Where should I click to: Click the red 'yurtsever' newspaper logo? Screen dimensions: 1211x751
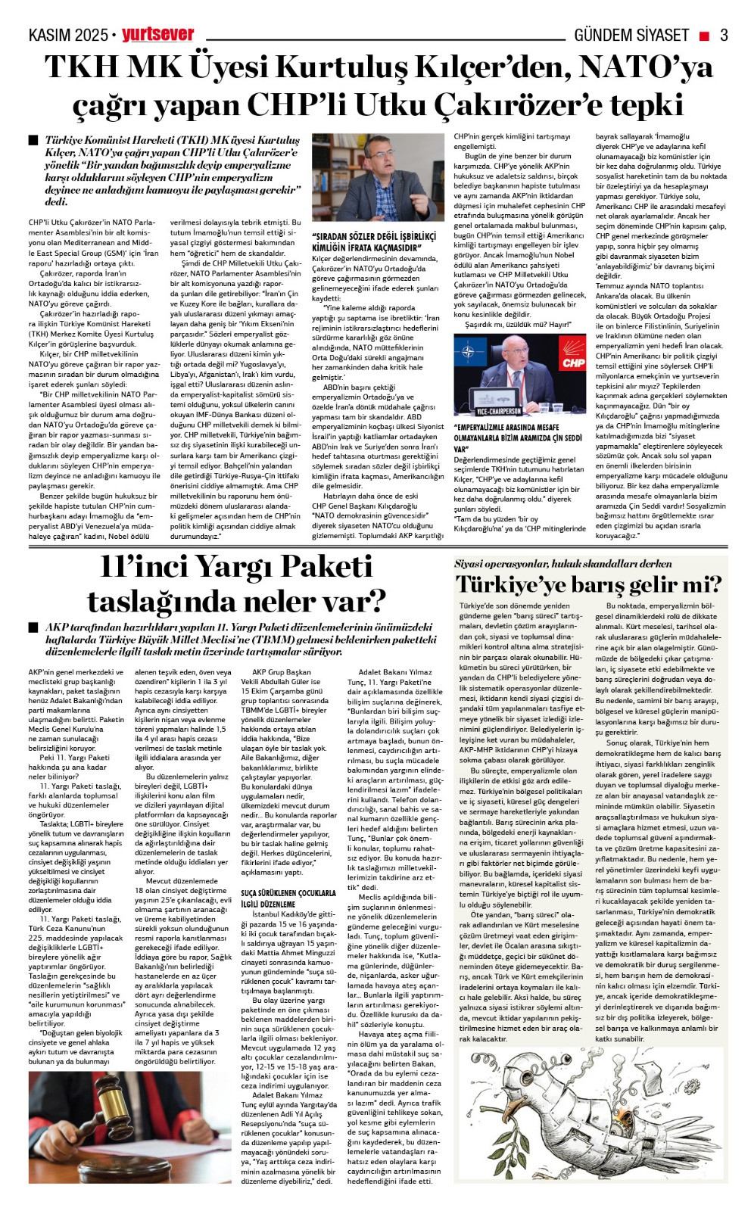coord(158,35)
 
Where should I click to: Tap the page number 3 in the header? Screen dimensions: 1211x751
coord(724,35)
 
